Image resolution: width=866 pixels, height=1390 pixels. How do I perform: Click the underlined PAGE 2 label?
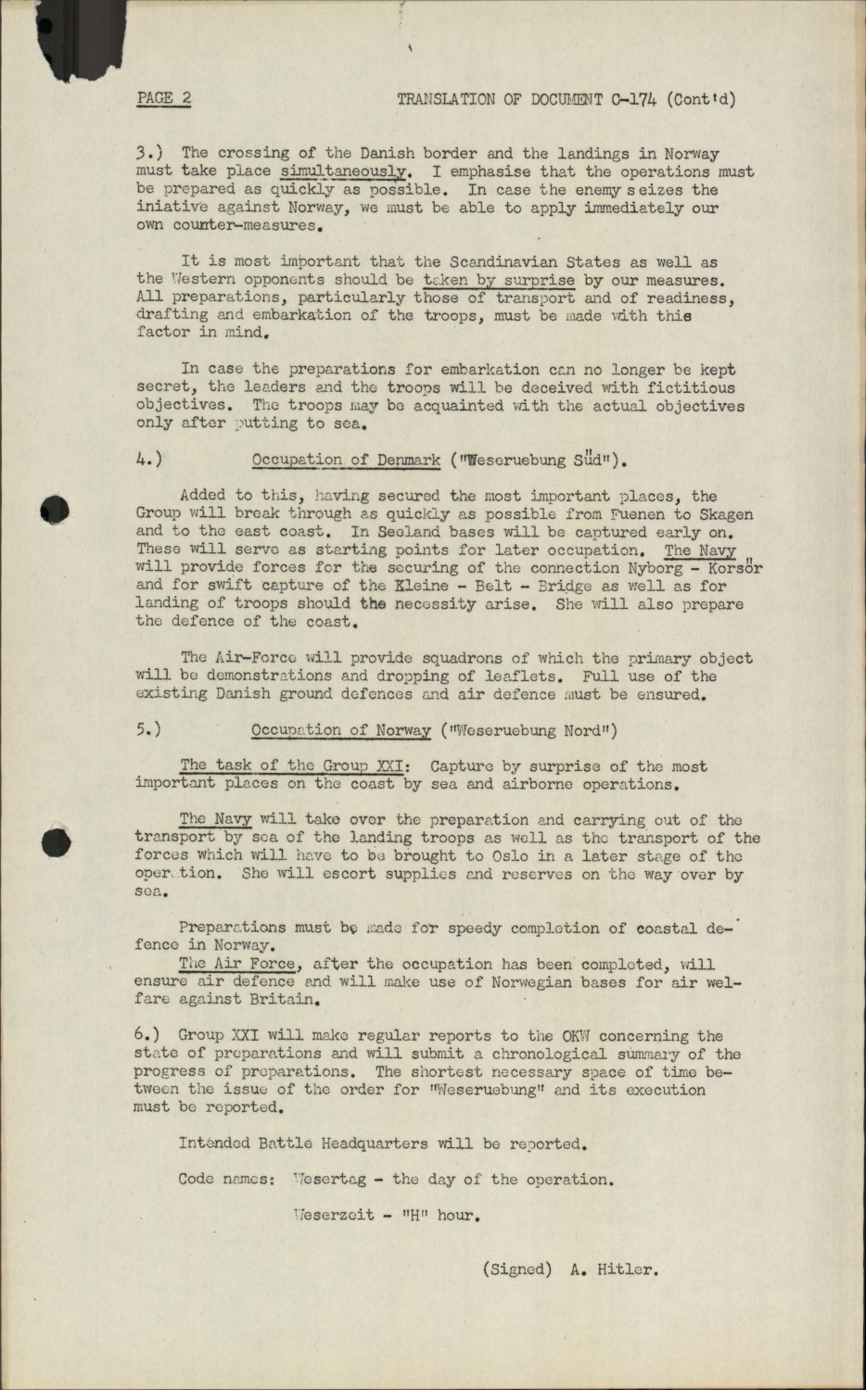point(163,99)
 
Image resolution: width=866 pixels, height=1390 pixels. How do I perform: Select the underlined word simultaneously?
point(344,171)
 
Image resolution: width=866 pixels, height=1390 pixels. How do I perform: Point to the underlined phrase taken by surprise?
point(499,280)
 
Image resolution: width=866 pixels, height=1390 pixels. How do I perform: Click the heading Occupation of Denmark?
point(346,460)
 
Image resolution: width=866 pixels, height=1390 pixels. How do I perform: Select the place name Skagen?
point(726,513)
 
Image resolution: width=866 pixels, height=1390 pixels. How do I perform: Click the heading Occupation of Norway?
point(341,730)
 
